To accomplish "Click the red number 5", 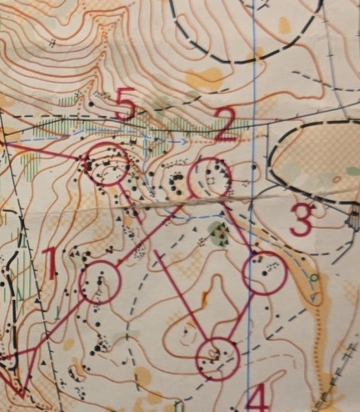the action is pos(125,103).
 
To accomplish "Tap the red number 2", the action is pos(226,124).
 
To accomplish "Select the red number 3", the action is pos(301,219).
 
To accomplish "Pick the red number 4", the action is pos(256,397).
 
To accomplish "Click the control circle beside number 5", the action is pos(107,164).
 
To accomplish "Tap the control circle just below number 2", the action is pos(210,178).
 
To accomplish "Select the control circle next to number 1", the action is pos(99,282).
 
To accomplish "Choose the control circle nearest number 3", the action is pos(265,273).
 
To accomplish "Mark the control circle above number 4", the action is pos(218,359).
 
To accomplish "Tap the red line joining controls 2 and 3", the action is pos(238,226).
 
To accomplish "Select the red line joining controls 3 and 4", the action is pos(242,315).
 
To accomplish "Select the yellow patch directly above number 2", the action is pos(208,77).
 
